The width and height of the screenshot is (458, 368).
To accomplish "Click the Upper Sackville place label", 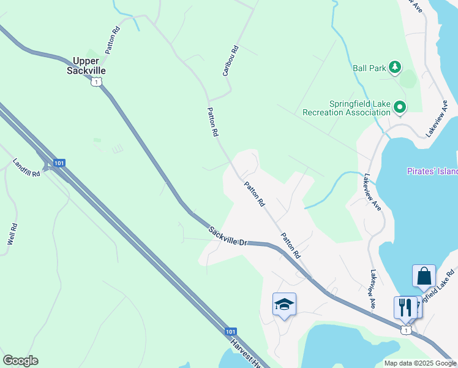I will pyautogui.click(x=89, y=66).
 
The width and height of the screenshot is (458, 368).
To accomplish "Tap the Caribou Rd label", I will pyautogui.click(x=230, y=60).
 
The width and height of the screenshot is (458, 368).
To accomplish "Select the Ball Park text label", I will pyautogui.click(x=369, y=68).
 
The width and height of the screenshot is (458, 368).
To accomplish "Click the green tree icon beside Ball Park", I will pyautogui.click(x=396, y=67).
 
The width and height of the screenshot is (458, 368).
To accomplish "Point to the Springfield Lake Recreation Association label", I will pyautogui.click(x=347, y=108).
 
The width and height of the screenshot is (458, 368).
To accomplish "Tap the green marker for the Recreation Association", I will pyautogui.click(x=400, y=108).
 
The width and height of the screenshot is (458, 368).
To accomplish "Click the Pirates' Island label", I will pyautogui.click(x=432, y=171).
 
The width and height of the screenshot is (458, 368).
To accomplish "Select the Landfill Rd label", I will pyautogui.click(x=26, y=168).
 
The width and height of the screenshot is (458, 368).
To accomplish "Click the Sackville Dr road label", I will pyautogui.click(x=227, y=236).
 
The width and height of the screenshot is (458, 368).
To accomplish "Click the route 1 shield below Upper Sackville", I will pyautogui.click(x=96, y=82).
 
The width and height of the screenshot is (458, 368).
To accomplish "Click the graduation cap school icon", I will pyautogui.click(x=284, y=304).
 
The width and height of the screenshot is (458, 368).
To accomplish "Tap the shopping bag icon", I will pyautogui.click(x=424, y=277).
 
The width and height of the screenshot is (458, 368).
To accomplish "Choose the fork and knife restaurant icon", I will pyautogui.click(x=405, y=307).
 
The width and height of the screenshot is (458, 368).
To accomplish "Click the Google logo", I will pyautogui.click(x=20, y=361).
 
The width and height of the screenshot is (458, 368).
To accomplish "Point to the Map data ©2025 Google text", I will pyautogui.click(x=420, y=363).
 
